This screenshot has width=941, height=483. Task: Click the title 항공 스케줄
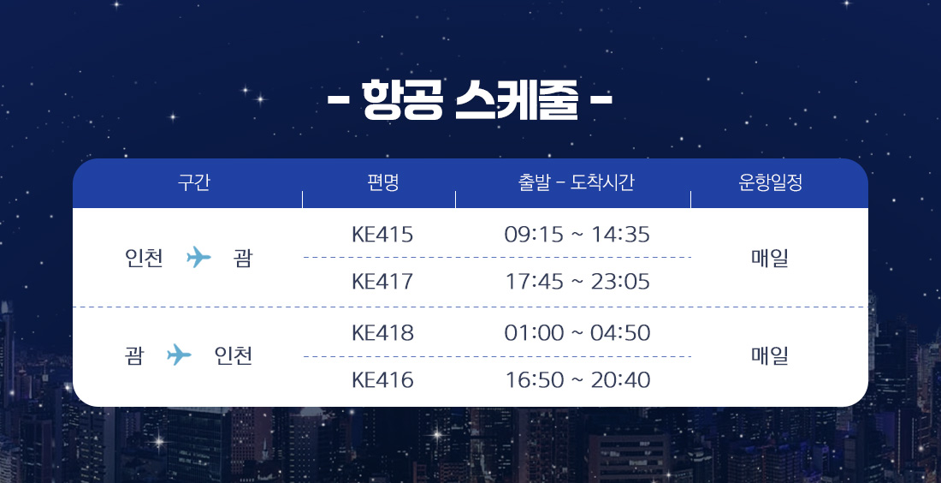[470, 99]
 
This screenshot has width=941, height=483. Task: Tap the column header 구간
[194, 182]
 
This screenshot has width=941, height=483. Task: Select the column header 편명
[383, 182]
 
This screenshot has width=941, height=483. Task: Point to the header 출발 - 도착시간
[576, 182]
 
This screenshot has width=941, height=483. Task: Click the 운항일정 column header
[771, 182]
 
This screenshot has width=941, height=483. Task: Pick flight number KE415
[382, 235]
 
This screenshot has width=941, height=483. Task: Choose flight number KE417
[382, 281]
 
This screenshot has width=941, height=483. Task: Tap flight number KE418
[382, 333]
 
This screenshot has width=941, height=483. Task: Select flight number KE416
[382, 379]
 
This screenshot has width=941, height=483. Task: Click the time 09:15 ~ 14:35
[577, 235]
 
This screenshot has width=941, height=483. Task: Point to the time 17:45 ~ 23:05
[577, 281]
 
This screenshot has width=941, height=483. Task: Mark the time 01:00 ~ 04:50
[577, 333]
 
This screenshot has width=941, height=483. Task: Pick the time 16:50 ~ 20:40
[577, 379]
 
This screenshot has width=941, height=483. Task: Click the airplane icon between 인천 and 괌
[198, 257]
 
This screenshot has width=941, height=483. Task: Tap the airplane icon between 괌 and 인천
[179, 355]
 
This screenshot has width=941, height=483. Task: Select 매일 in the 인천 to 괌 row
[770, 258]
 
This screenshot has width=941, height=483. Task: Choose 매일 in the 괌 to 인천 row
[770, 355]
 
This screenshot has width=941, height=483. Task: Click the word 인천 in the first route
[144, 258]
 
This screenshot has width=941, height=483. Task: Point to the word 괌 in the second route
[134, 355]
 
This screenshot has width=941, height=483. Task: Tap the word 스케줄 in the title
[517, 99]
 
